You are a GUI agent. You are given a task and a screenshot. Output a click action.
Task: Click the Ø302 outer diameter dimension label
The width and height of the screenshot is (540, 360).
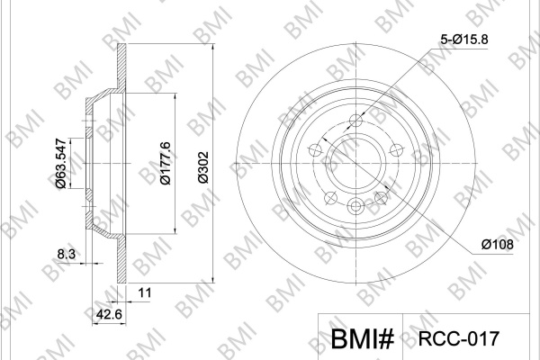(204, 167)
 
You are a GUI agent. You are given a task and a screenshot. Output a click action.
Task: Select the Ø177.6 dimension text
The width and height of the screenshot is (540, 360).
(166, 163)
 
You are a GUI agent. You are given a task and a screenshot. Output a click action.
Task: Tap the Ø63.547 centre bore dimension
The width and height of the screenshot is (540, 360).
(60, 163)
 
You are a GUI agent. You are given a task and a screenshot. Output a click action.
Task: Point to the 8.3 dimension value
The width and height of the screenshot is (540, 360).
(66, 254)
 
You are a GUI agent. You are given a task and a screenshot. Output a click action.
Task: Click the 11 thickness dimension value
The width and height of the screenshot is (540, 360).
(145, 292)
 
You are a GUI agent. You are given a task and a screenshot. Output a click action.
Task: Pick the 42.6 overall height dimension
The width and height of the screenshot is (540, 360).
(109, 314)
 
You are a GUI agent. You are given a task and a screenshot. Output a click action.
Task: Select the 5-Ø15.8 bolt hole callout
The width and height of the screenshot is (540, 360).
(464, 40)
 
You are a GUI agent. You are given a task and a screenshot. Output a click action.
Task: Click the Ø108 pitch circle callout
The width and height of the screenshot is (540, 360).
(498, 245)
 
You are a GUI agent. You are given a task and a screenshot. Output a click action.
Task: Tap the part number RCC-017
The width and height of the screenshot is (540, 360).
(458, 338)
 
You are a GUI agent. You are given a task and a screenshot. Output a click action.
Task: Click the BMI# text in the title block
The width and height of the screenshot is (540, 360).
(363, 339)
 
